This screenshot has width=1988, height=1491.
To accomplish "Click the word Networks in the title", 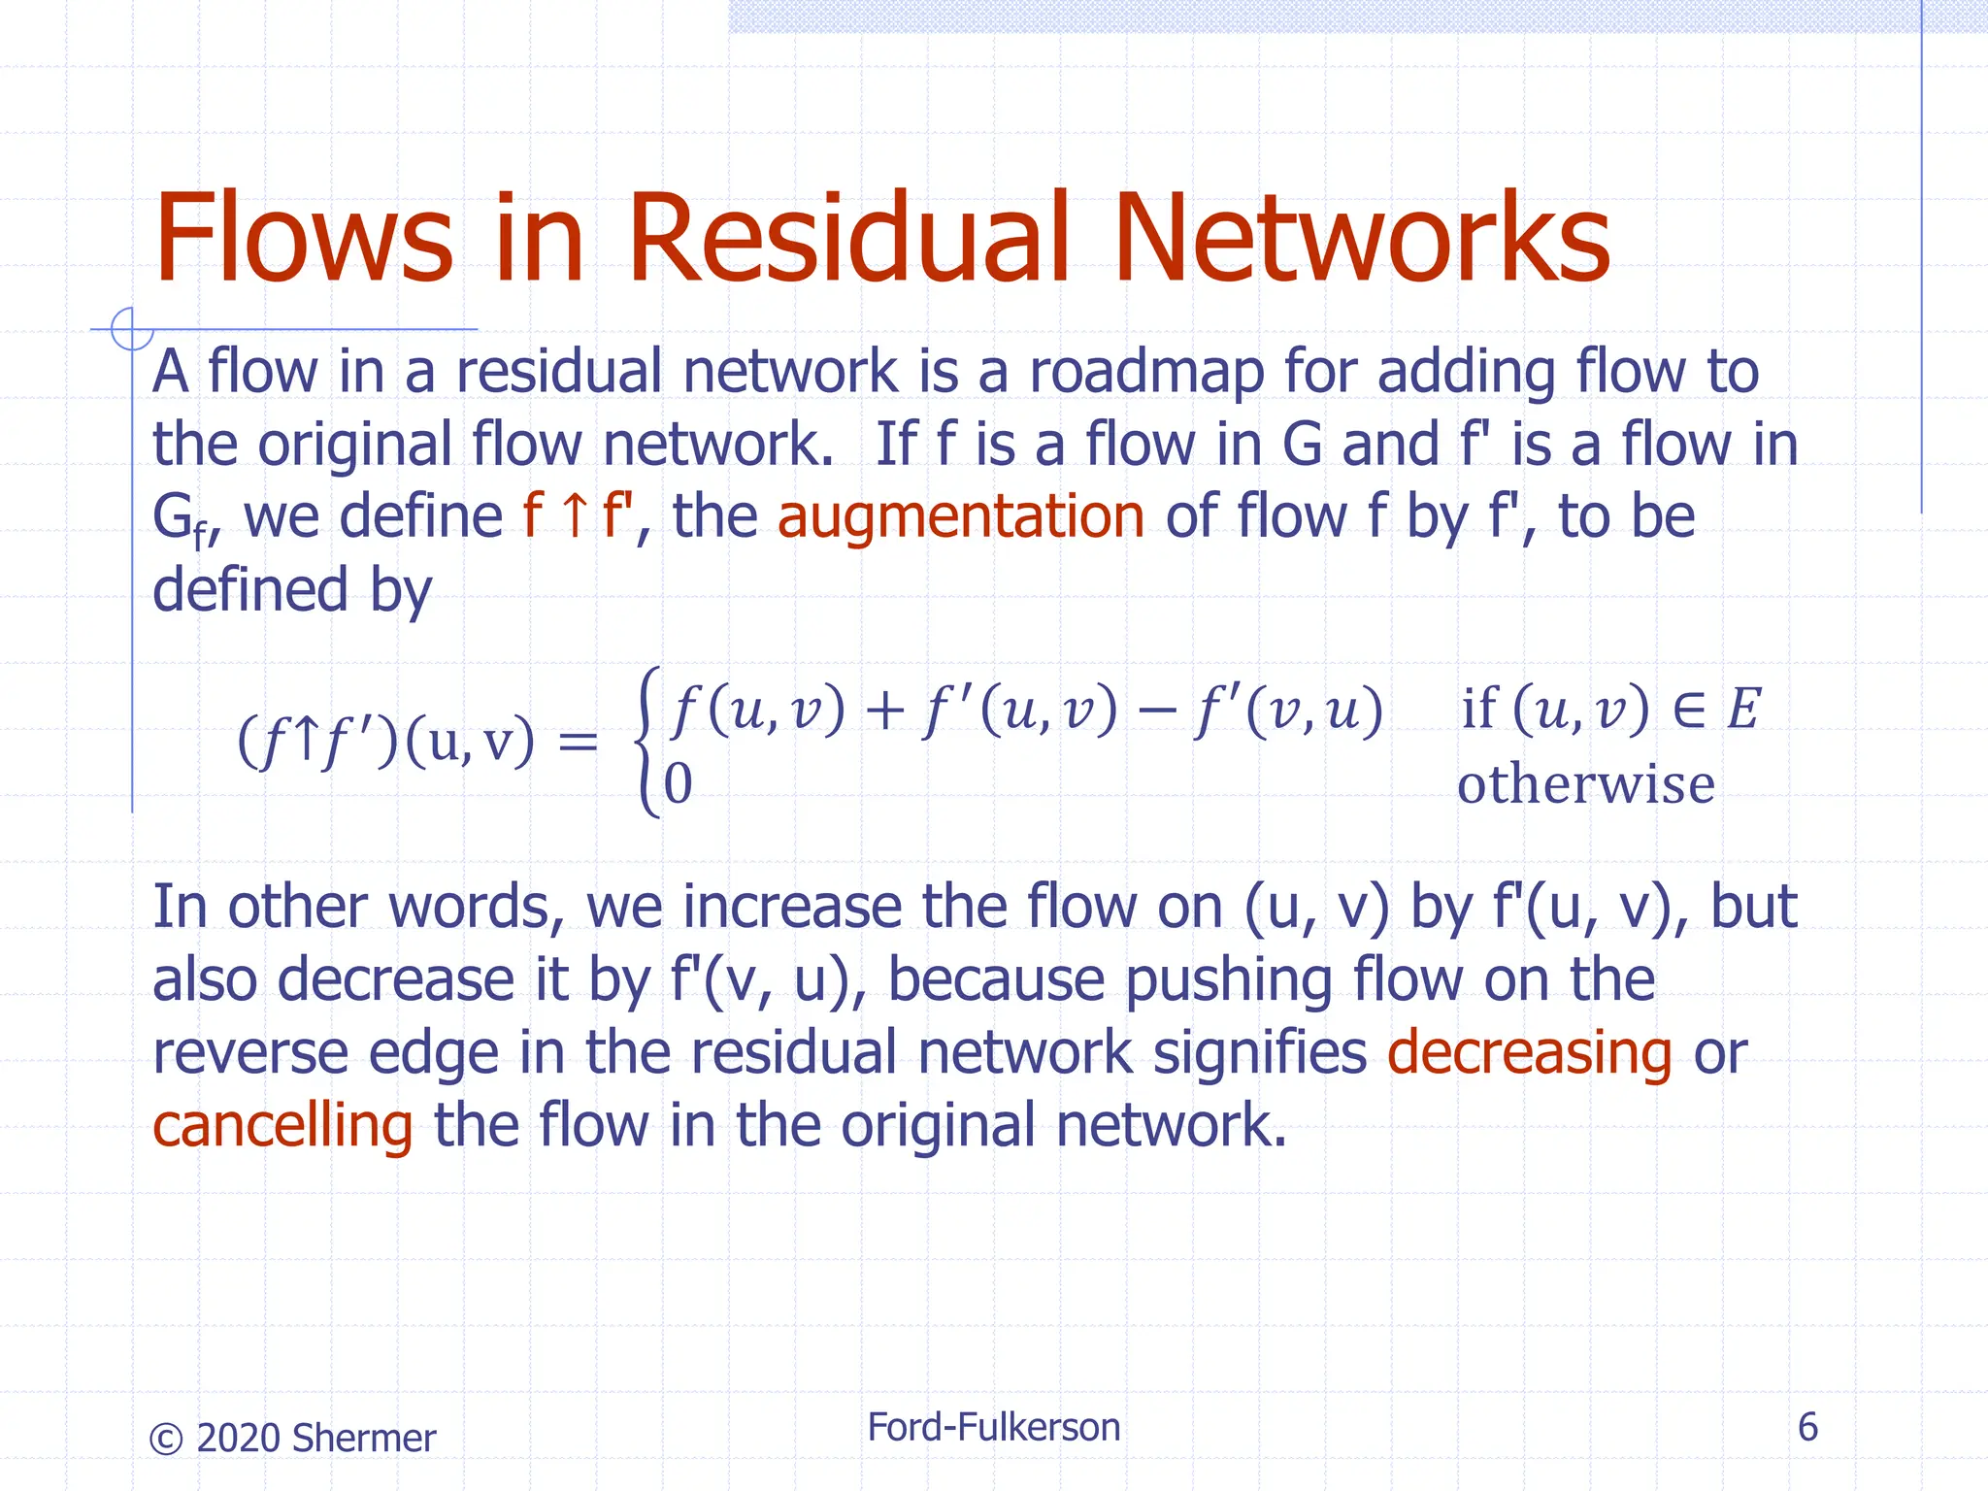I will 1361,238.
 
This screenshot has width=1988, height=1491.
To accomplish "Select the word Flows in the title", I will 303,238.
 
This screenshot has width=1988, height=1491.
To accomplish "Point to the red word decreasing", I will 1529,1052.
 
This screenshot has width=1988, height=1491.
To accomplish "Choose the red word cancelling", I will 282,1125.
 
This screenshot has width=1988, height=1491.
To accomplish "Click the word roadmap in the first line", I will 1145,372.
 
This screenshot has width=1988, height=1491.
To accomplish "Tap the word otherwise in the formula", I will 1585,784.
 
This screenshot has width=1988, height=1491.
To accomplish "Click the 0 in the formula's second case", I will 679,784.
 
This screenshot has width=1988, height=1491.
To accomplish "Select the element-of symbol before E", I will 1689,709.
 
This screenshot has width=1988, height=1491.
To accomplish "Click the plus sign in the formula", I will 883,711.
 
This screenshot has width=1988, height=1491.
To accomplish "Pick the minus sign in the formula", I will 1155,711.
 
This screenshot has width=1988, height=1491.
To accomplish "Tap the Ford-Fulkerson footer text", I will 993,1427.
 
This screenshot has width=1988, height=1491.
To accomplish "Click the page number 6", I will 1806,1427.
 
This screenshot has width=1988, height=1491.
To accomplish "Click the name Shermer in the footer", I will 363,1439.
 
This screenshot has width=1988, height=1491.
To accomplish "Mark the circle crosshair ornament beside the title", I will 131,329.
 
